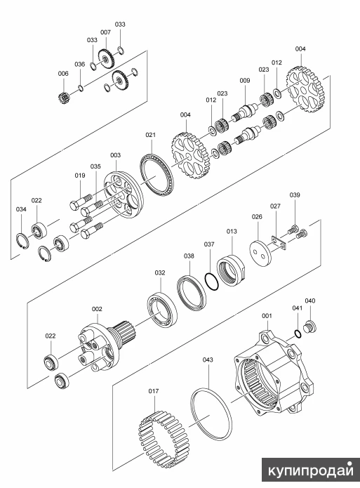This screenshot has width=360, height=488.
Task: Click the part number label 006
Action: [63, 74]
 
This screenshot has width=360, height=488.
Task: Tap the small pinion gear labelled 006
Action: [63, 98]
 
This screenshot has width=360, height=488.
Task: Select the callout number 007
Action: [105, 32]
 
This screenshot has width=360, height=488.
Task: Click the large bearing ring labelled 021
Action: [156, 175]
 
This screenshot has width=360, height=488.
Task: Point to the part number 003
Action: [115, 155]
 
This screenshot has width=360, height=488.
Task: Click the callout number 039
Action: [295, 194]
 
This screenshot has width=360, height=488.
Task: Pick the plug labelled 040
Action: [309, 327]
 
